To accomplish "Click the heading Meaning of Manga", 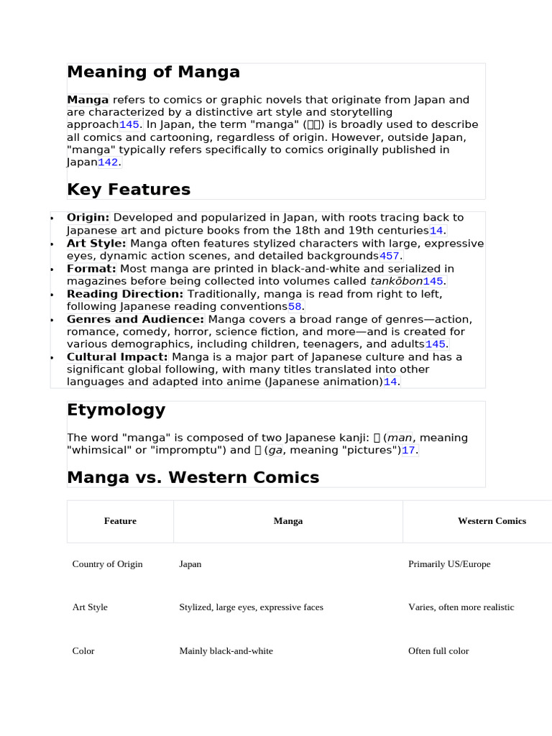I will (153, 73).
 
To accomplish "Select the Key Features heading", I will (129, 190).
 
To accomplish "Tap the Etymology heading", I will (116, 410).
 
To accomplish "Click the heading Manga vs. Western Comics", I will (193, 477).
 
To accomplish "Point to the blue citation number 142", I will (108, 162).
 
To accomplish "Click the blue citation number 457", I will (390, 256).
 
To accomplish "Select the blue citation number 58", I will (295, 307).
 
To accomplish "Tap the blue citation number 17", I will (408, 450).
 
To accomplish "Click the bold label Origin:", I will (88, 218).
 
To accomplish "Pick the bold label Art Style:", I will (96, 244).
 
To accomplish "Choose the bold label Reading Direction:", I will (125, 294).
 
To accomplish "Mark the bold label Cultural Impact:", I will (117, 357).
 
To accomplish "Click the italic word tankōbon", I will (396, 281).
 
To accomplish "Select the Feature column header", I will (120, 521).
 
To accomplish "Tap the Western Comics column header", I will (492, 521).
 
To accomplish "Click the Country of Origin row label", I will (107, 564).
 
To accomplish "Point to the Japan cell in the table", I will (190, 564).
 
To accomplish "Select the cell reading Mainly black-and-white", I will (226, 651).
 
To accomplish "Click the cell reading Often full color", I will (438, 651).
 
